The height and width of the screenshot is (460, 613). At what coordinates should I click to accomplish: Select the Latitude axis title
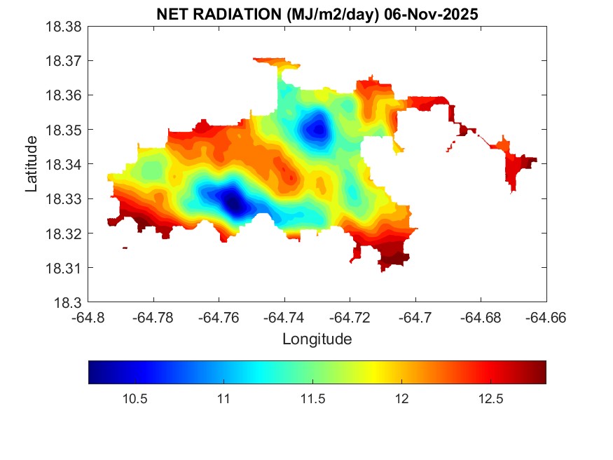pyautogui.click(x=32, y=165)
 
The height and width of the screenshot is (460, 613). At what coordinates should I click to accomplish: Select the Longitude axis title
pyautogui.click(x=317, y=339)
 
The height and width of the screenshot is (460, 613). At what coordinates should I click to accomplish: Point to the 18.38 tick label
pyautogui.click(x=64, y=26)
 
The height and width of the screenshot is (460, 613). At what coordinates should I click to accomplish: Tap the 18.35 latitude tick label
pyautogui.click(x=64, y=130)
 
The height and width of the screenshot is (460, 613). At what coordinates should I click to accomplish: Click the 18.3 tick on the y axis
pyautogui.click(x=70, y=303)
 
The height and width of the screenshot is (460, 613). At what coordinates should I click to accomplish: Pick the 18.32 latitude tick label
pyautogui.click(x=64, y=234)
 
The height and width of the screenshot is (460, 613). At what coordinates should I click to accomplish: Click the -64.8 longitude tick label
pyautogui.click(x=88, y=318)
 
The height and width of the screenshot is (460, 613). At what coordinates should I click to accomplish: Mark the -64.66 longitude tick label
pyautogui.click(x=546, y=318)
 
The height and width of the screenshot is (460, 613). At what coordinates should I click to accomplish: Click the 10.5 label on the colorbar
pyautogui.click(x=134, y=399)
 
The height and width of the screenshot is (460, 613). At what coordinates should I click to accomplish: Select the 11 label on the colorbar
pyautogui.click(x=223, y=399)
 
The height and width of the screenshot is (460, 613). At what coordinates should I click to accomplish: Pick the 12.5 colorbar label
pyautogui.click(x=490, y=399)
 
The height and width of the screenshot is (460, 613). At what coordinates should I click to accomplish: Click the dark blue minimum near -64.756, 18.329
pyautogui.click(x=233, y=204)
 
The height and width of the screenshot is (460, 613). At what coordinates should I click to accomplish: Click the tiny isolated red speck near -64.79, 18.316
pyautogui.click(x=125, y=248)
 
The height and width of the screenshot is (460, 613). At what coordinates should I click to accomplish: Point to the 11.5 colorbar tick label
pyautogui.click(x=312, y=399)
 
